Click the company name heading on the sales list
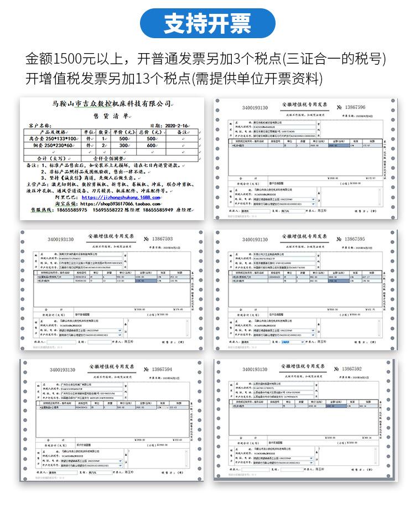111,104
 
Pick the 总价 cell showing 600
151,145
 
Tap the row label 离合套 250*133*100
53,139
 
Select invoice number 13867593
158,238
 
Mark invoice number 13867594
158,369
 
